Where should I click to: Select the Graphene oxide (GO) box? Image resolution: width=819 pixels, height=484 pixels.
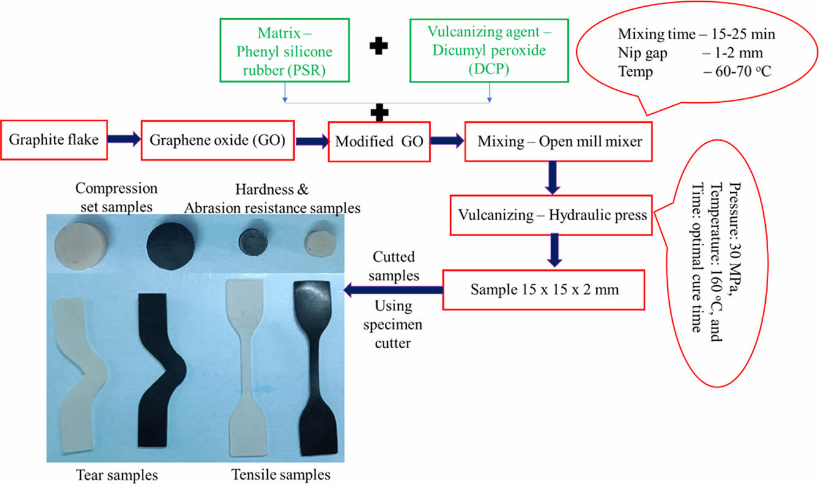pos(218,141)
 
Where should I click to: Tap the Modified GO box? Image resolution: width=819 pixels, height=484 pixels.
pos(378,142)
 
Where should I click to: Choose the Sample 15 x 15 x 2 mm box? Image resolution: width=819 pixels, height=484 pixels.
pos(544,289)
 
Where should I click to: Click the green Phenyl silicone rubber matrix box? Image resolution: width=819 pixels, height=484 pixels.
pos(284,50)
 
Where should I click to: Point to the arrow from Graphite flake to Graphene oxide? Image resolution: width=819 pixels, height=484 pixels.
pos(124,140)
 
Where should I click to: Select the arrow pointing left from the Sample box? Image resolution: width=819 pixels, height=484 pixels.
pos(392,289)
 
